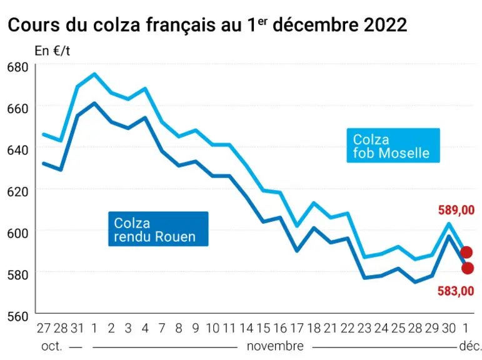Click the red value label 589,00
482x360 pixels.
[456, 210]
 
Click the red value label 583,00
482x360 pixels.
[456, 291]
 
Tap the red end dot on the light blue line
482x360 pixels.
[466, 252]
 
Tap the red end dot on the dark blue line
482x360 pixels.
[468, 268]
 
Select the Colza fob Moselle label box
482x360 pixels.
[393, 146]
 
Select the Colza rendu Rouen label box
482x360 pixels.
[158, 229]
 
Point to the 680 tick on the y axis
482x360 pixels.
[18, 67]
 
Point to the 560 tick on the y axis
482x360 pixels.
[18, 316]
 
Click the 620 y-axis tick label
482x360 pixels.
[18, 191]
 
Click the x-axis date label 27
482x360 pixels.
[43, 328]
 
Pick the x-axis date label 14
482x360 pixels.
[246, 328]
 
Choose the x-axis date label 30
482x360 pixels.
[449, 328]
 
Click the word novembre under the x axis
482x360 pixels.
[275, 346]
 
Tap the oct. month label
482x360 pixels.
[52, 346]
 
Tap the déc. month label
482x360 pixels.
[470, 346]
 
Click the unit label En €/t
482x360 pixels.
[53, 51]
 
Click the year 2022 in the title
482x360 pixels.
[386, 24]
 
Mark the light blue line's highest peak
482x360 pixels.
[94, 74]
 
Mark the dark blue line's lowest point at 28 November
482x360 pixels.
[415, 282]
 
